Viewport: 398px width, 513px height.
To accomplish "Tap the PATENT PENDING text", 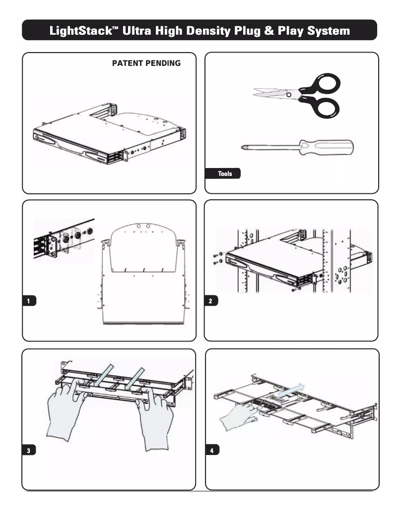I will coord(146,64).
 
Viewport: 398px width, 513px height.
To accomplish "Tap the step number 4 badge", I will coord(212,450).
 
